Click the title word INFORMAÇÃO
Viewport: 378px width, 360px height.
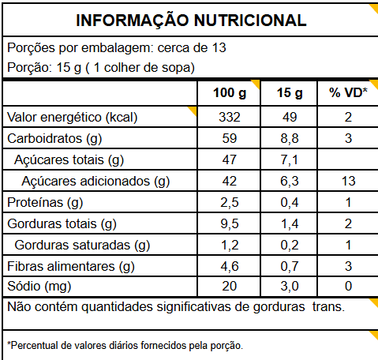(x=133, y=21)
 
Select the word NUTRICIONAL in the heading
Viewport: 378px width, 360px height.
(x=250, y=21)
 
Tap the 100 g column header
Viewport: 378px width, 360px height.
(x=230, y=93)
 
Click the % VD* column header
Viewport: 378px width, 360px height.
(x=348, y=92)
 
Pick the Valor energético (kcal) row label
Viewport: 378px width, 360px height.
(x=73, y=118)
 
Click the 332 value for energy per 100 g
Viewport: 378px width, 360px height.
(x=230, y=117)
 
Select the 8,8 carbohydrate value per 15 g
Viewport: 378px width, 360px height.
(x=290, y=139)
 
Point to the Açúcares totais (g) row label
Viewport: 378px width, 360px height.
(x=69, y=160)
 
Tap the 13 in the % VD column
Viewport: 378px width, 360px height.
(x=348, y=181)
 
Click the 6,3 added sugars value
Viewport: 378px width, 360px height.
(x=290, y=182)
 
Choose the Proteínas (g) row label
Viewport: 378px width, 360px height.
(x=45, y=203)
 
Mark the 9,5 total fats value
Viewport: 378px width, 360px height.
(x=230, y=224)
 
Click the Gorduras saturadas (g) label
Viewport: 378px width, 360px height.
(x=82, y=246)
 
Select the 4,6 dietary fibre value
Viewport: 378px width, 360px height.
(x=230, y=267)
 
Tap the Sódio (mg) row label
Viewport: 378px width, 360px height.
(x=39, y=287)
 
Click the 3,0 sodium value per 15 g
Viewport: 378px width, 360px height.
(x=290, y=287)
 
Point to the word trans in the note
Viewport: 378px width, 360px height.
(x=328, y=307)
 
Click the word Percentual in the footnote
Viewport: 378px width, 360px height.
(x=33, y=346)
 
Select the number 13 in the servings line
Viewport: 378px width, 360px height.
(x=219, y=48)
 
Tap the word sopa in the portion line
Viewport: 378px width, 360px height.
(x=176, y=68)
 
